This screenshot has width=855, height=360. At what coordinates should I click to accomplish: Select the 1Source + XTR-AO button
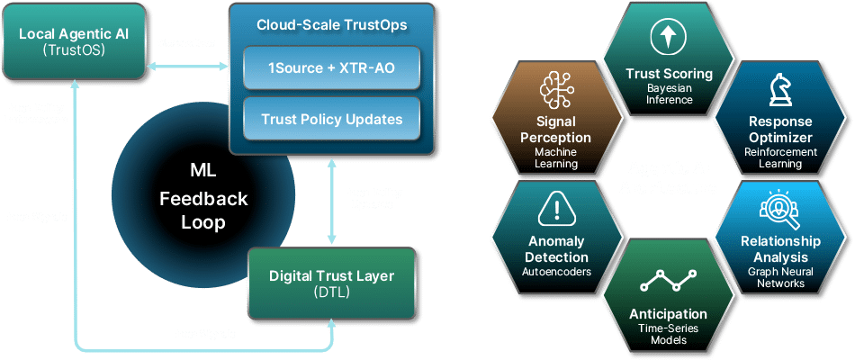[x=331, y=68]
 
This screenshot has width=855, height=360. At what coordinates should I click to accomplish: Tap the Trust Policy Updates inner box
[x=331, y=119]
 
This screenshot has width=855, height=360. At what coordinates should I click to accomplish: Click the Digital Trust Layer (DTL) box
[x=332, y=283]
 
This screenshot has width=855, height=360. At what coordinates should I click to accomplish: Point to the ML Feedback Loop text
[x=203, y=199]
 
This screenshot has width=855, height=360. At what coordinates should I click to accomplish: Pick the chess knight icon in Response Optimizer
[x=779, y=90]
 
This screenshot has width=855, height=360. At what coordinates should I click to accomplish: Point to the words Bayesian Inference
[x=669, y=94]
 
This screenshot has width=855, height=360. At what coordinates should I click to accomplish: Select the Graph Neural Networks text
[x=780, y=276]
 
